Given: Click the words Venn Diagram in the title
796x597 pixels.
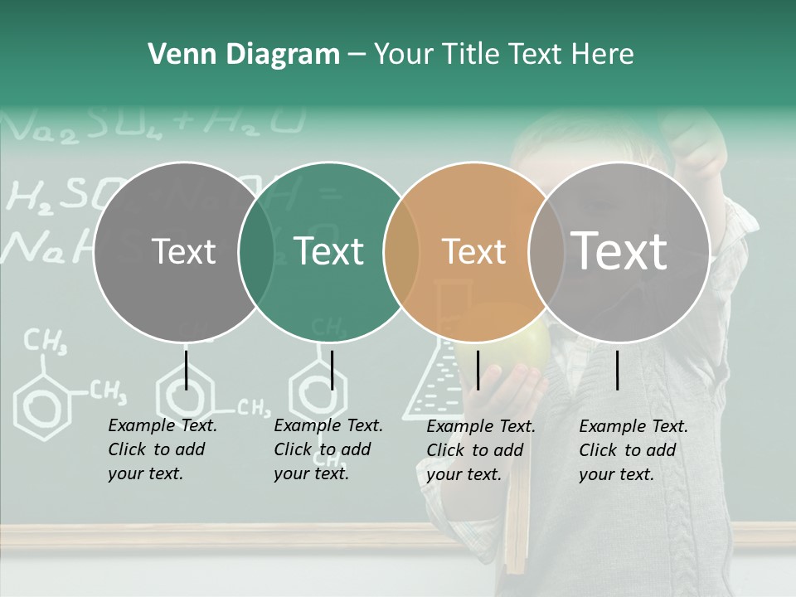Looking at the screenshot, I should tap(244, 55).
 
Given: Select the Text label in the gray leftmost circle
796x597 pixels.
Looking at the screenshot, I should tap(183, 251).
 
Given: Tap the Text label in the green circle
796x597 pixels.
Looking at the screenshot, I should tap(328, 251).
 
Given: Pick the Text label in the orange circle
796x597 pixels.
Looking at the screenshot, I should tap(473, 251).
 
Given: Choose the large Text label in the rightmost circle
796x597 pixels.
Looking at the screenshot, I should tap(619, 251).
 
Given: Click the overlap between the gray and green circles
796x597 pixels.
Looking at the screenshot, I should tap(256, 252).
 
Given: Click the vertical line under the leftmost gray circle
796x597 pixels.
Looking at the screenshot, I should tap(186, 370).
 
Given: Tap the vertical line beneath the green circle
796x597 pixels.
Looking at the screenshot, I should tap(332, 370).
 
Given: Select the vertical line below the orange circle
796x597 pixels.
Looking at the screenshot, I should tap(478, 370).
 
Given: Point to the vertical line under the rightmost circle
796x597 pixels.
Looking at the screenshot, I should tap(618, 370).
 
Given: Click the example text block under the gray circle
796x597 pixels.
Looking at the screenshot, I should tap(162, 449).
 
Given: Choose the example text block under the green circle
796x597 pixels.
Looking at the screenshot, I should tap(328, 449).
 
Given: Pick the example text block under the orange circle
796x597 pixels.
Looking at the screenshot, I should tap(480, 450).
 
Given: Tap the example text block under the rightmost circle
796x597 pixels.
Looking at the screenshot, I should tap(633, 450).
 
